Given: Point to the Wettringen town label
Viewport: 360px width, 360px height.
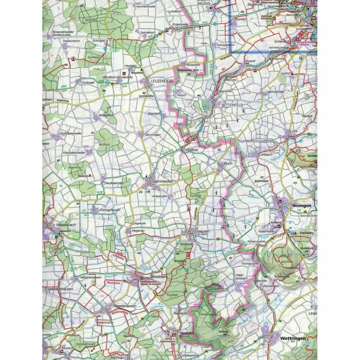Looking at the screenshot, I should pos(292,338).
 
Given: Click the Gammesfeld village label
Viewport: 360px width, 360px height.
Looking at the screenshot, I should pos(163,181).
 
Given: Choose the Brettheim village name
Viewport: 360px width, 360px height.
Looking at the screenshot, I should pos(161,276).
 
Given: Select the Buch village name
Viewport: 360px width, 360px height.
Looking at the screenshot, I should pos(228,163).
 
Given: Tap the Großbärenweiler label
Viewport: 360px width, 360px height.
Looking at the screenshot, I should pos(71,134).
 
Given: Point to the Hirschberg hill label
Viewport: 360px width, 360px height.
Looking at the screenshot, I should pos(180,261).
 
